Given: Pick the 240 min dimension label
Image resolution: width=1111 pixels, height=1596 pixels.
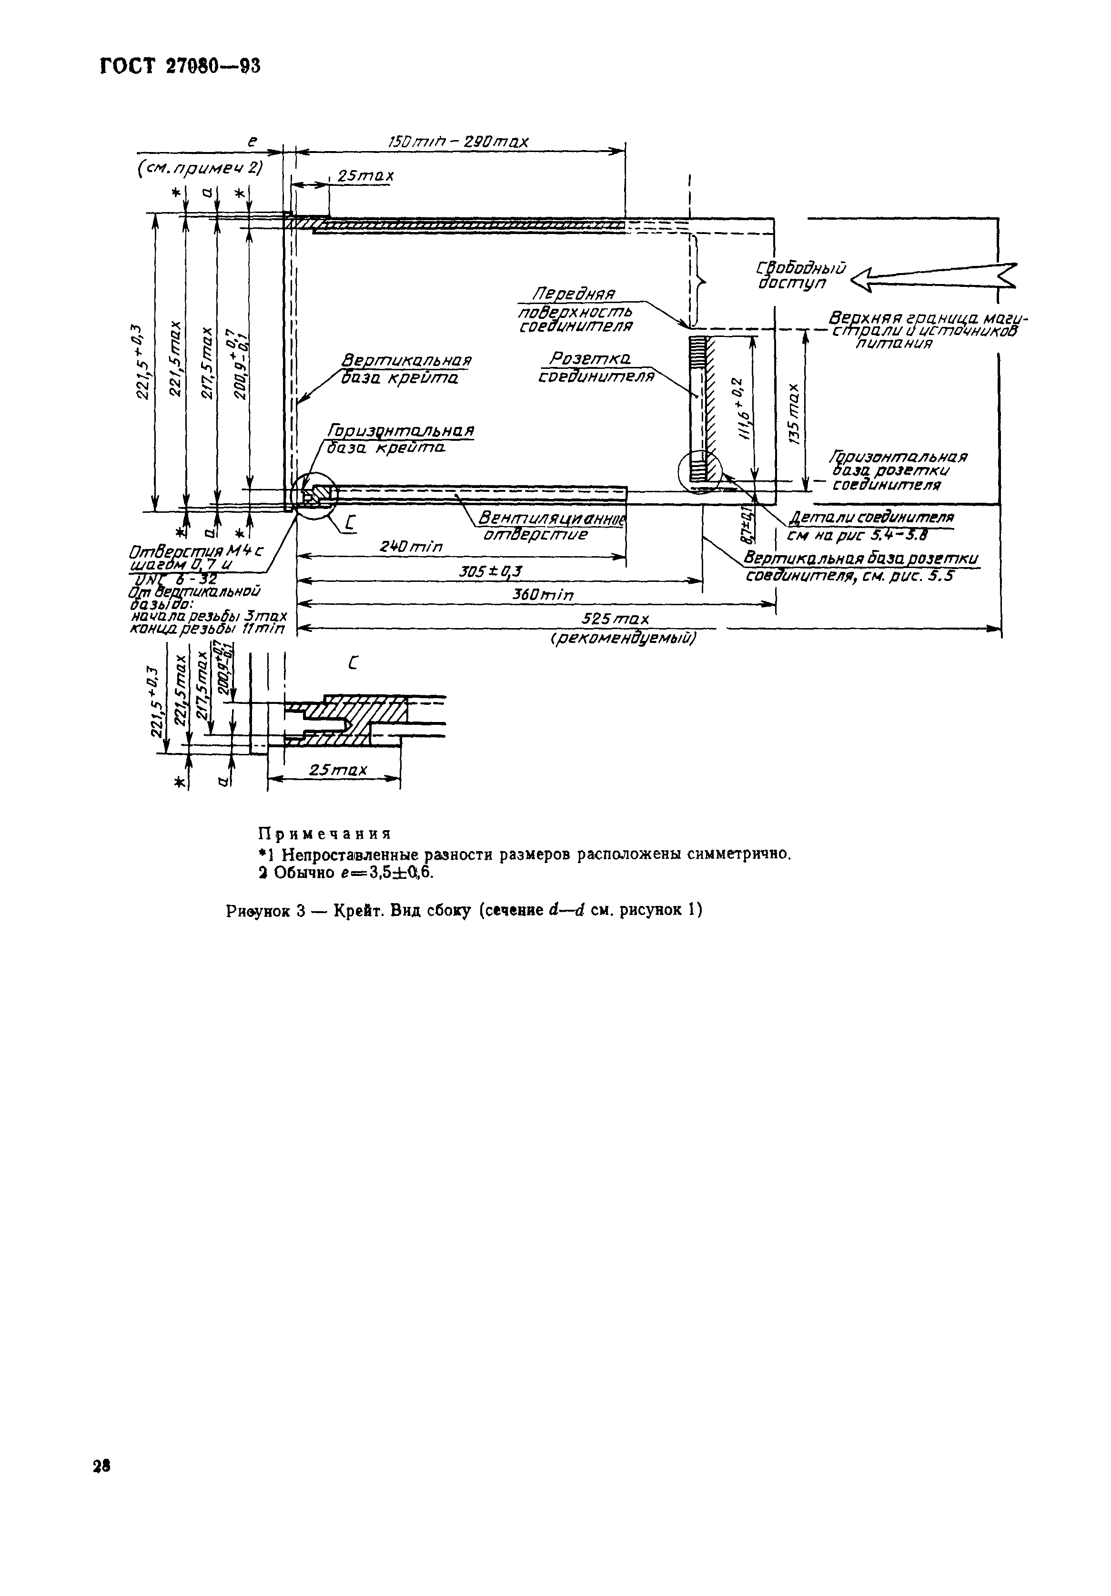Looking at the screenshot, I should click(411, 547).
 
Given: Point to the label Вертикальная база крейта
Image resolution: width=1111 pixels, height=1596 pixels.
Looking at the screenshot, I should click(406, 370).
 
